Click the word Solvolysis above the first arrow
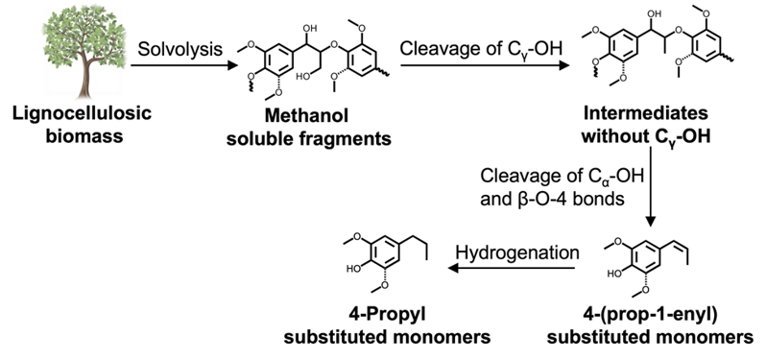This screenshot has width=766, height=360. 180,49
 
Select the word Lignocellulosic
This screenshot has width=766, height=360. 83,114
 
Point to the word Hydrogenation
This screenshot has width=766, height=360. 517,252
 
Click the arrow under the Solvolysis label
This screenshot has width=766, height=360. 184,65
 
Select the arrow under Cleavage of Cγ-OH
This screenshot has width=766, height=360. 485,65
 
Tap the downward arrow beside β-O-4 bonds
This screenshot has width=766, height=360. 650,186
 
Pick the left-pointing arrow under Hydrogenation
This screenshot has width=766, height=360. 512,268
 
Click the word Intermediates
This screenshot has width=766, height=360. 644,113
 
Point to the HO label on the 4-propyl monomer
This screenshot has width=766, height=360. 353,268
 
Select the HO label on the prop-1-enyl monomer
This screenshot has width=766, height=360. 614,274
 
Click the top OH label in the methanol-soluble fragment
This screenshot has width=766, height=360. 310,29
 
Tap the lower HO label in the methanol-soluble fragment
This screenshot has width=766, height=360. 304,77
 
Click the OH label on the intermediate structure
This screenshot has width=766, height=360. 654,15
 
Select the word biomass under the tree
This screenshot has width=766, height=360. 84,135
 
